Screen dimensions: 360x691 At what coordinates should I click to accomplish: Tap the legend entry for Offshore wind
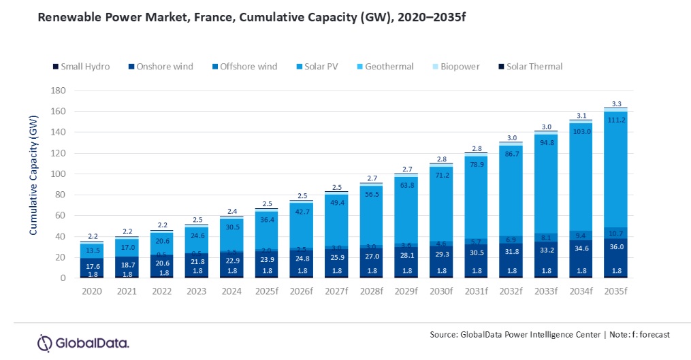(x=249, y=67)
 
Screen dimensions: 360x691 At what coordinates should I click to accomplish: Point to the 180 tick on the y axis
(x=58, y=91)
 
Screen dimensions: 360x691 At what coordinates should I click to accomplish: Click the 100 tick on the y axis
(x=58, y=174)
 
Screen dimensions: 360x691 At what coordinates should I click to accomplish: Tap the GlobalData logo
(x=83, y=342)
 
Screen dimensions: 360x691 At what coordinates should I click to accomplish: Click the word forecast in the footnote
(x=653, y=334)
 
